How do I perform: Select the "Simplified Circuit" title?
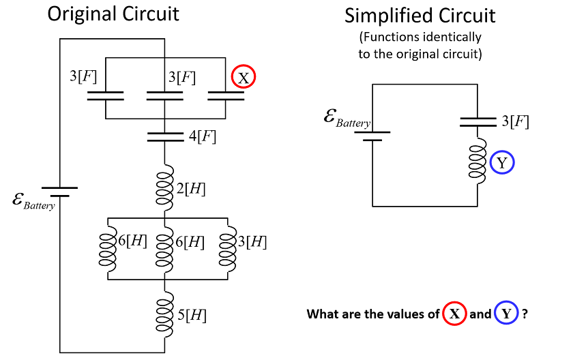click(x=420, y=16)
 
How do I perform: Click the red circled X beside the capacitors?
click(x=243, y=77)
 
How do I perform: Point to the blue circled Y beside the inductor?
click(x=502, y=162)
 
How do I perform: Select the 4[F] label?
click(x=203, y=136)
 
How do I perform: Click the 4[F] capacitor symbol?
click(x=164, y=137)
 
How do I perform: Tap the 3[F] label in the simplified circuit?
click(x=515, y=122)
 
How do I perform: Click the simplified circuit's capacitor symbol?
click(x=477, y=121)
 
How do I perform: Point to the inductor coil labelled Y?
click(x=477, y=162)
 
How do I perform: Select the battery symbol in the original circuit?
click(x=60, y=191)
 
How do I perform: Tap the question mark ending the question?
click(x=526, y=314)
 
